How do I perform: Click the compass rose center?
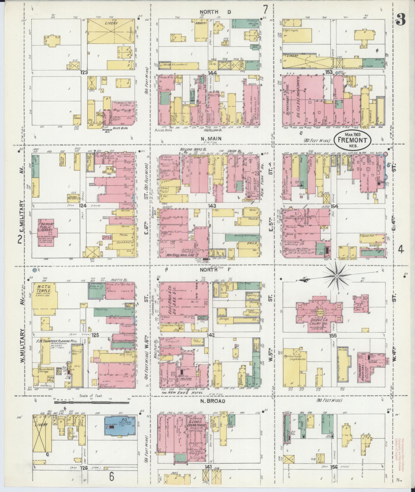tap(336, 276)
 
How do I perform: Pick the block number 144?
tap(213, 73)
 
